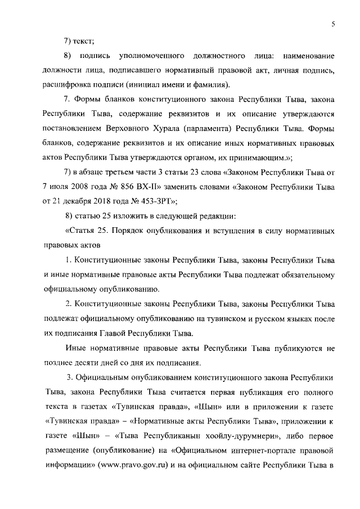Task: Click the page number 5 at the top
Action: (334, 23)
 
